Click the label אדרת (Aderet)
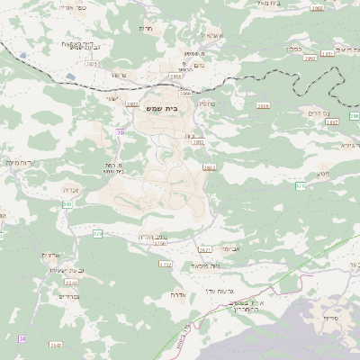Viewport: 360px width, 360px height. click(176, 294)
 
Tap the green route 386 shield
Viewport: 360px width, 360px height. click(301, 184)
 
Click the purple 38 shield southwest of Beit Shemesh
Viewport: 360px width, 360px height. click(119, 132)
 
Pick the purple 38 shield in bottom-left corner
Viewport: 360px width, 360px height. click(22, 338)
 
